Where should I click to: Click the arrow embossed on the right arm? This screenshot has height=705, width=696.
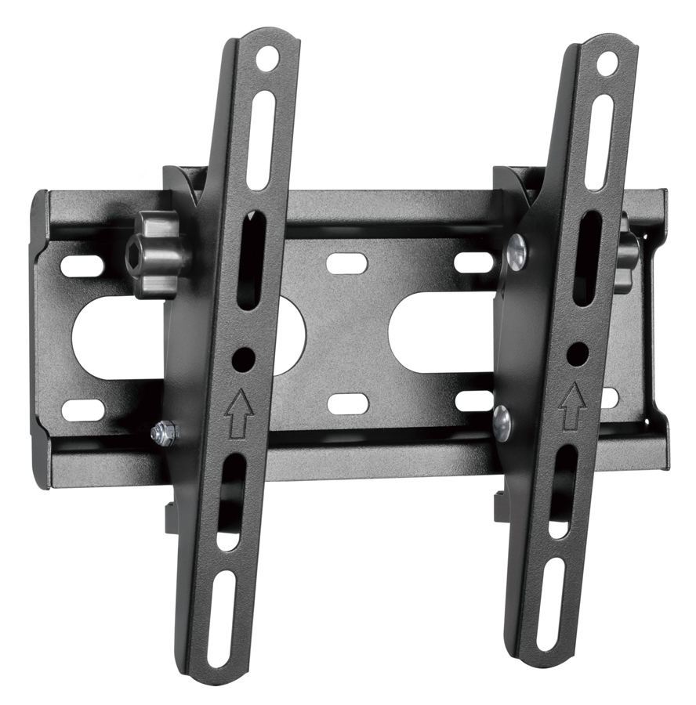coord(572,404)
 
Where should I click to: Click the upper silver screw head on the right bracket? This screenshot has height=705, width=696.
coord(517,252)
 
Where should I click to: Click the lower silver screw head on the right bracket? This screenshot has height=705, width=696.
coord(502,422)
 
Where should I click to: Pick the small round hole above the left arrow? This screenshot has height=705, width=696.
coord(244,360)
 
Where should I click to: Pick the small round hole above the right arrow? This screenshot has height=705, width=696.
coord(578,353)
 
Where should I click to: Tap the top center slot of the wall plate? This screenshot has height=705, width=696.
coord(347,263)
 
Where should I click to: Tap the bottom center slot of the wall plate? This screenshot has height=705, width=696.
coord(348,403)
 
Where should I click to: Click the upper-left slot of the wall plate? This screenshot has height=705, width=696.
coord(82,266)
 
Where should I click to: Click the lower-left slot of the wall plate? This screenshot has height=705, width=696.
coord(83,410)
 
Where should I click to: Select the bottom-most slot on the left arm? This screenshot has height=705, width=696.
coord(221,619)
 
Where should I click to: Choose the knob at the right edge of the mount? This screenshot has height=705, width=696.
coord(627,252)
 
